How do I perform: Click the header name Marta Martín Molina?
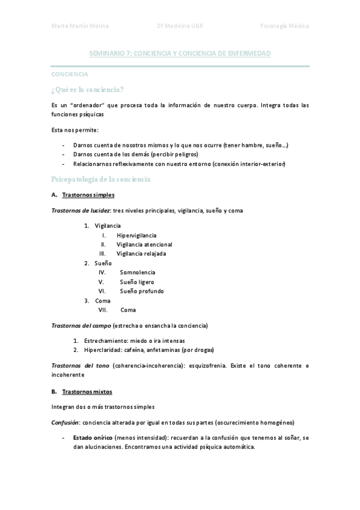[80, 26]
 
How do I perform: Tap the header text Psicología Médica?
[284, 26]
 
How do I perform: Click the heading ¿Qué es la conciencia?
[88, 90]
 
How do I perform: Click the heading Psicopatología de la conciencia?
[100, 179]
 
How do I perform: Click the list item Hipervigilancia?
[137, 235]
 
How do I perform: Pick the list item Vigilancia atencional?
[144, 245]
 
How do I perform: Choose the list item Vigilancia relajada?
[141, 254]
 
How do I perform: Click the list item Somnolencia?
[137, 272]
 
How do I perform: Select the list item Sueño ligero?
[136, 282]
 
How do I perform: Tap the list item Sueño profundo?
[141, 291]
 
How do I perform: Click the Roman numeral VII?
[103, 310]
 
